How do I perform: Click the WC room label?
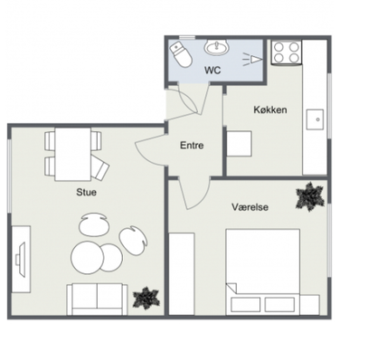tap(212, 71)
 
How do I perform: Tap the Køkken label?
tap(270, 110)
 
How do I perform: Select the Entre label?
tap(192, 146)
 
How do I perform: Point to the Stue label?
tap(86, 192)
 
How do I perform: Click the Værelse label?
tap(250, 207)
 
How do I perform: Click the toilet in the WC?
tap(181, 54)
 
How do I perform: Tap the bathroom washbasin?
tap(217, 48)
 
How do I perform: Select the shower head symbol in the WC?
tap(252, 59)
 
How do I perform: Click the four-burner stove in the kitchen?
tap(287, 52)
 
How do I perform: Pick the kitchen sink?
tap(315, 119)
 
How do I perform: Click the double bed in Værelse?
tap(263, 272)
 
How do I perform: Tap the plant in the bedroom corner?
tap(310, 196)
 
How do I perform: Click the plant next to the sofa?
tap(146, 298)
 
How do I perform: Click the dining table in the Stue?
tap(73, 154)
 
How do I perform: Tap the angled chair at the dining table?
tap(100, 168)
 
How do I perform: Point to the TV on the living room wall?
tap(21, 259)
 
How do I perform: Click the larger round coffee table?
tap(87, 258)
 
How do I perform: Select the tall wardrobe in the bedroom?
tap(181, 274)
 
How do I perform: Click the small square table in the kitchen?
tap(239, 144)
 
